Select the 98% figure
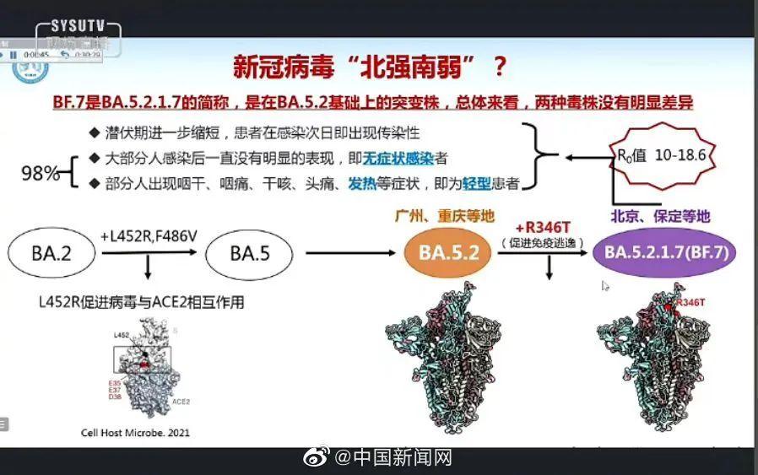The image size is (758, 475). pyautogui.click(x=41, y=174)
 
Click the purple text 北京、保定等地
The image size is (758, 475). pyautogui.click(x=663, y=217)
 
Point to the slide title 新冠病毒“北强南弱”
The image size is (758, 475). pyautogui.click(x=353, y=67)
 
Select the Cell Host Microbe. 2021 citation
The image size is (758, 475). pyautogui.click(x=135, y=433)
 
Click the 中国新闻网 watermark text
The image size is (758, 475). pyautogui.click(x=403, y=459)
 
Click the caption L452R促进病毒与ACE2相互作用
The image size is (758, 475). pyautogui.click(x=142, y=301)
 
